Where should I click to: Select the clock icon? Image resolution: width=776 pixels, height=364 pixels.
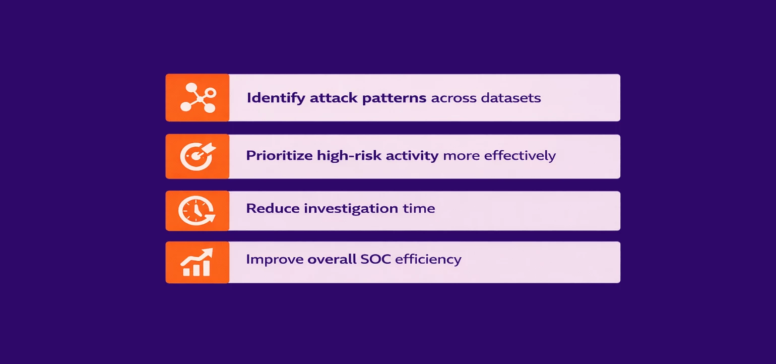197,211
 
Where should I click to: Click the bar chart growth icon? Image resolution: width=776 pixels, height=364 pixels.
197,263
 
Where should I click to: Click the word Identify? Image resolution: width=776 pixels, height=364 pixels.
276,98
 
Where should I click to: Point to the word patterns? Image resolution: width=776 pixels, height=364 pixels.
394,98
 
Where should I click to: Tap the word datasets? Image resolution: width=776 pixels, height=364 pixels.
511,98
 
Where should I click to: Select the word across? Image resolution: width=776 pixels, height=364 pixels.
454,99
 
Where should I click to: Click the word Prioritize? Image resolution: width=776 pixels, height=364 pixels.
279,156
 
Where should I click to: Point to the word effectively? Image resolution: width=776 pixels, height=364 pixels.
520,156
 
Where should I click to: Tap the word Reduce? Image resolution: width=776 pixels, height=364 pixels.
273,208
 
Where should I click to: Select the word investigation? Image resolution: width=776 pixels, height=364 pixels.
351,209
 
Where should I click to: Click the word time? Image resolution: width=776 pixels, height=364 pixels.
418,208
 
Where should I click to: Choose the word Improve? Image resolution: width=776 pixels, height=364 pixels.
274,260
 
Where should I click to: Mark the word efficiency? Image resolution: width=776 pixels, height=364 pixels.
428,260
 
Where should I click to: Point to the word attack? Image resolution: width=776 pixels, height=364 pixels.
333,98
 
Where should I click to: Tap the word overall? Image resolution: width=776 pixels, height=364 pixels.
332,259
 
